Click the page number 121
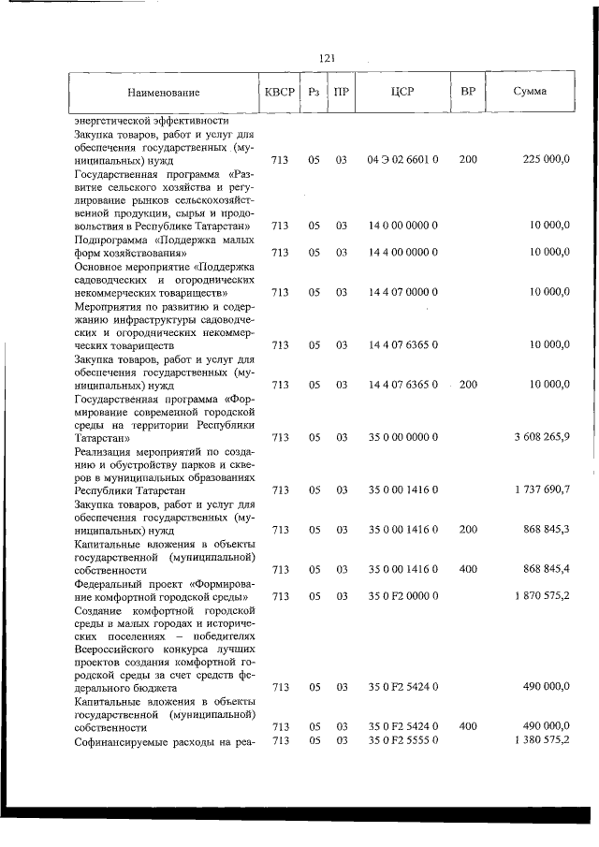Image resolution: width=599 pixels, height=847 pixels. click(328, 58)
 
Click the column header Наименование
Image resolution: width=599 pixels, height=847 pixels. click(164, 93)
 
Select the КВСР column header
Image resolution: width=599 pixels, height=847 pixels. click(279, 93)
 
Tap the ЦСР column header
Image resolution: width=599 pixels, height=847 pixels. click(403, 93)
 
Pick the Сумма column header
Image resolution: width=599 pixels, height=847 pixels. click(531, 93)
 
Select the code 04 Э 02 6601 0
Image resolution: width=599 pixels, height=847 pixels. click(403, 160)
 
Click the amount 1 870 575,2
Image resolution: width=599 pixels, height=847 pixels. click(540, 595)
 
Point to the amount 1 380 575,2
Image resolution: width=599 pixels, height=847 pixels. click(540, 741)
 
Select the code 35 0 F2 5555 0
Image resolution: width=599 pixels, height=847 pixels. click(403, 741)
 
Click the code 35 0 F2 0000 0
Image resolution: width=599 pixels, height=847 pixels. click(403, 595)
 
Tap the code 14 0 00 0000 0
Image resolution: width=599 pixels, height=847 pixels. click(403, 226)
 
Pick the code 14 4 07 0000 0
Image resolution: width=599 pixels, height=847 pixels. click(403, 292)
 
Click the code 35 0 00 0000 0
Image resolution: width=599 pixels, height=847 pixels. click(403, 437)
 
